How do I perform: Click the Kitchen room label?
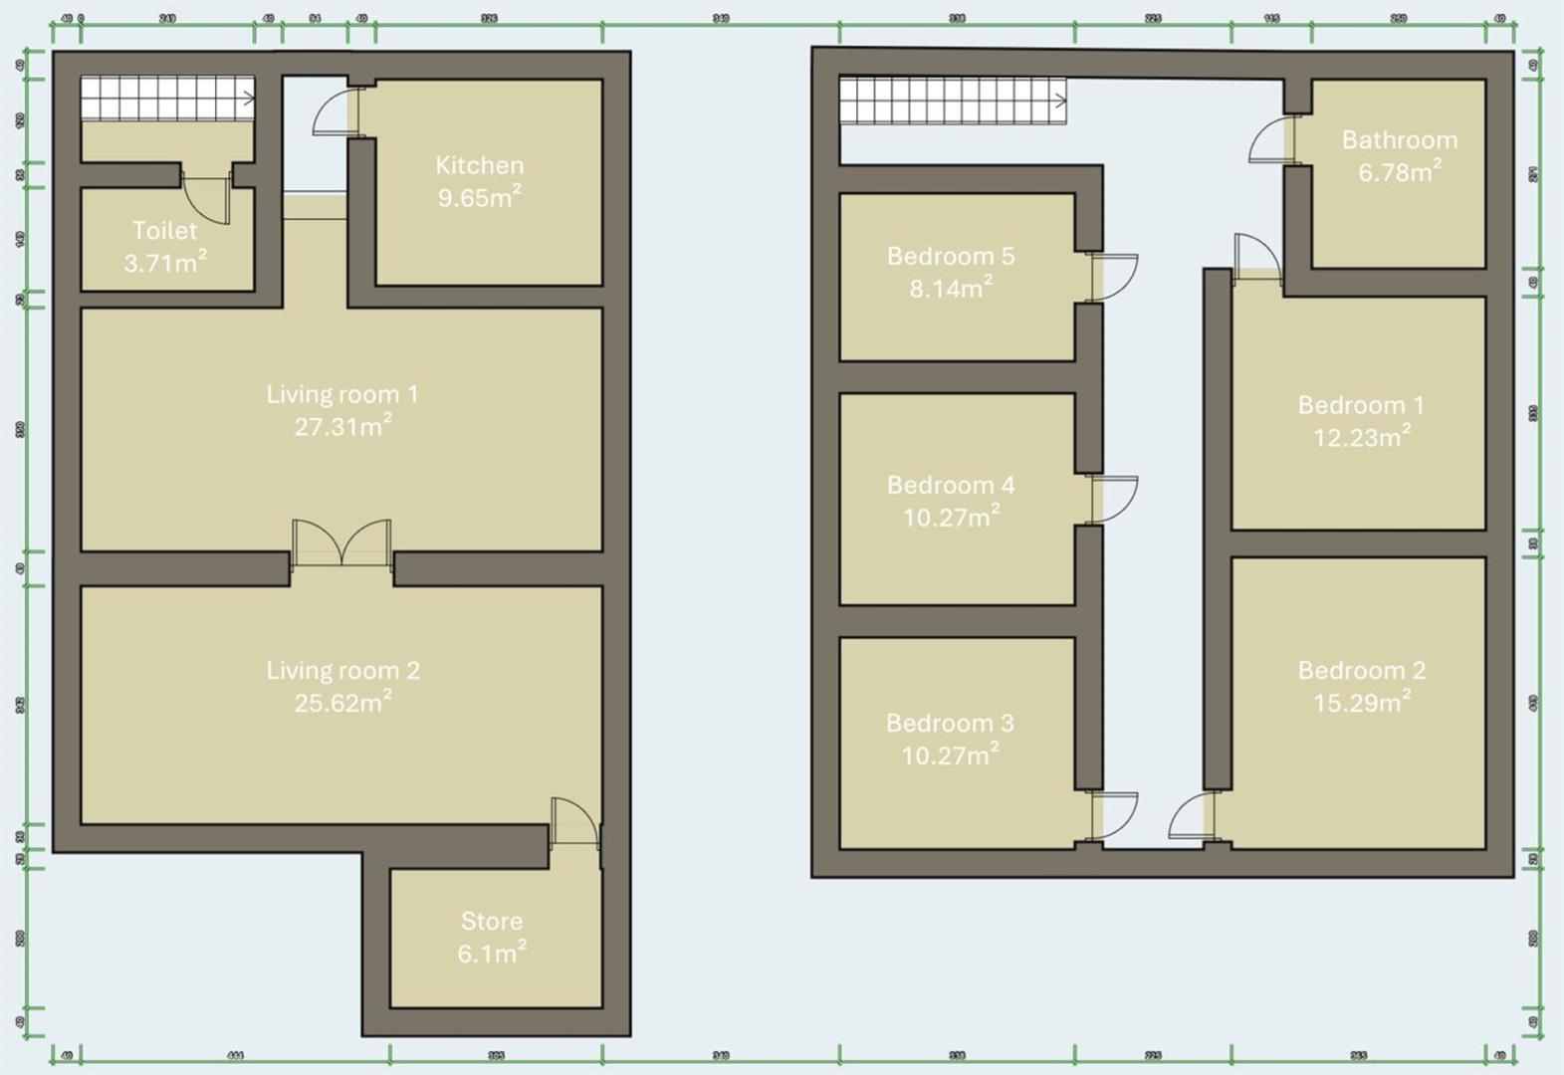point(479,165)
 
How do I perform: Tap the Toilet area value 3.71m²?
point(165,263)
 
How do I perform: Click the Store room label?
point(491,921)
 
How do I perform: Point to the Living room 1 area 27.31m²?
point(342,427)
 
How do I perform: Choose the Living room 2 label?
point(342,670)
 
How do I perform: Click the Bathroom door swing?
point(1270,140)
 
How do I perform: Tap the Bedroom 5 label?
point(950,256)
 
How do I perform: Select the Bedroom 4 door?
point(1113,499)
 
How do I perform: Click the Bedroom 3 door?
point(1113,815)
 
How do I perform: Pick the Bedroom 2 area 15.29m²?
point(1361,703)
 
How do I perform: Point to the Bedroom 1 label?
point(1360,405)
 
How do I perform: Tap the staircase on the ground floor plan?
point(166,99)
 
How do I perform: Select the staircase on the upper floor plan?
point(952,102)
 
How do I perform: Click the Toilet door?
point(208,199)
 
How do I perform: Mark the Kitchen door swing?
point(335,112)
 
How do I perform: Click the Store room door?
point(573,822)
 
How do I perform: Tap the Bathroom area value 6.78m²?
point(1399,173)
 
